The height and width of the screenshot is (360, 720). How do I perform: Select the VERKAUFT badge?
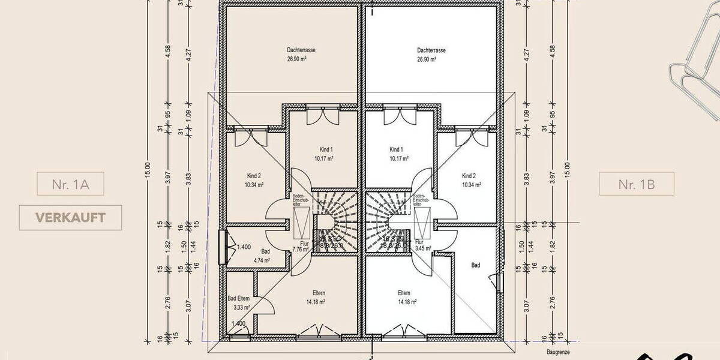click(x=70, y=217)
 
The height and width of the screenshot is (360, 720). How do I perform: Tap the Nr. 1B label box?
click(x=636, y=184)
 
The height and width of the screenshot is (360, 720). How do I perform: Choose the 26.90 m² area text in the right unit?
click(x=430, y=60)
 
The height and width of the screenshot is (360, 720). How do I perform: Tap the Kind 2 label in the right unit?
click(x=469, y=176)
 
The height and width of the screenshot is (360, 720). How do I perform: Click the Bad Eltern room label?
click(x=238, y=298)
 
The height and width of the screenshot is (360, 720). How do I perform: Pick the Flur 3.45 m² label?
click(x=424, y=245)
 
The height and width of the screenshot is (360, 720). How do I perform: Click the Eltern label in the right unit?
click(x=404, y=293)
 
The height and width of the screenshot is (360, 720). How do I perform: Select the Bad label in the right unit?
click(x=476, y=265)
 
